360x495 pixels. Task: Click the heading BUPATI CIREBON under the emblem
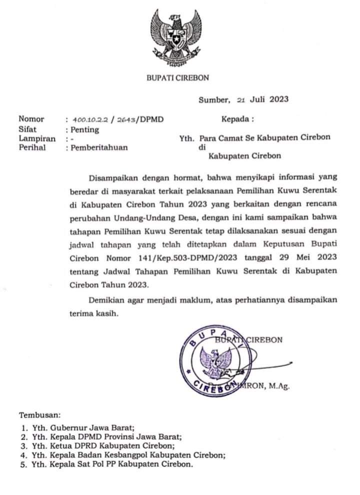coord(177,77)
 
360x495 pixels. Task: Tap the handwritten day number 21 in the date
coord(241,99)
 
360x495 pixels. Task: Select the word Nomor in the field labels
coord(31,119)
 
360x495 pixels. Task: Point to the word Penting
coord(84,129)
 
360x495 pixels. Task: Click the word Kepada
coord(236,119)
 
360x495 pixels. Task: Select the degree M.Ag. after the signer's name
coord(279,385)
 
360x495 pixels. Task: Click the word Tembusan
coord(39,415)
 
